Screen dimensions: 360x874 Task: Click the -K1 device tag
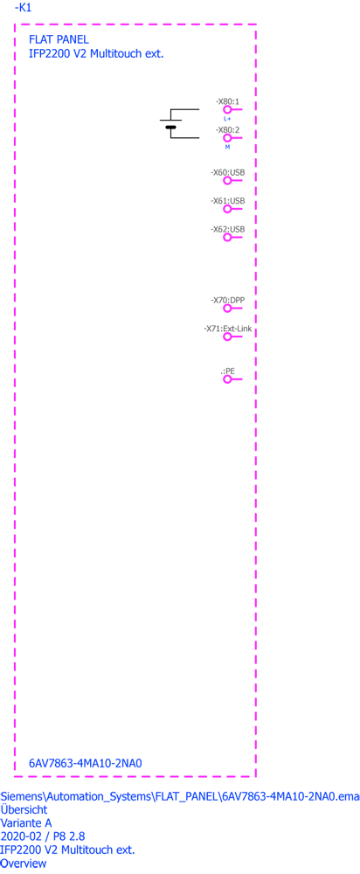coord(23,8)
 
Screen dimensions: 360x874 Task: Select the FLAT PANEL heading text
coord(59,39)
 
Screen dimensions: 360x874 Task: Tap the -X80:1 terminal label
coord(227,101)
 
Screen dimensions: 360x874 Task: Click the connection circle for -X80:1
coord(227,110)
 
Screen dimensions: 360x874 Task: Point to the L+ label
coord(227,119)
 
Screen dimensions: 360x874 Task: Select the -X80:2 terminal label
coord(227,130)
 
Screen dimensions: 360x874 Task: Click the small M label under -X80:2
coord(227,147)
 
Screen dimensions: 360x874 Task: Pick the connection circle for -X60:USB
coord(227,181)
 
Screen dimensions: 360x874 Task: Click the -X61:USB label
coord(228,201)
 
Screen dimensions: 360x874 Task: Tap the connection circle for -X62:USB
coord(227,238)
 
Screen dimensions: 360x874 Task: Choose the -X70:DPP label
coord(228,300)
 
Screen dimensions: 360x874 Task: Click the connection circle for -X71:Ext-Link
coord(227,336)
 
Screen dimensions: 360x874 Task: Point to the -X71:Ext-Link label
coord(228,329)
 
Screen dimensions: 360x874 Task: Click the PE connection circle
coord(227,379)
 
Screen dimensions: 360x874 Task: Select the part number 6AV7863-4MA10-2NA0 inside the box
coord(86,763)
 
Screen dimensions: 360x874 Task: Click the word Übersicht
coord(24,809)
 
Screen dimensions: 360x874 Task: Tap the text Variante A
coord(26,823)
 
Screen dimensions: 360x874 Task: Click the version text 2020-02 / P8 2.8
coord(44,836)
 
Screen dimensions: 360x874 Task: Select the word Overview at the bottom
coord(24,864)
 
